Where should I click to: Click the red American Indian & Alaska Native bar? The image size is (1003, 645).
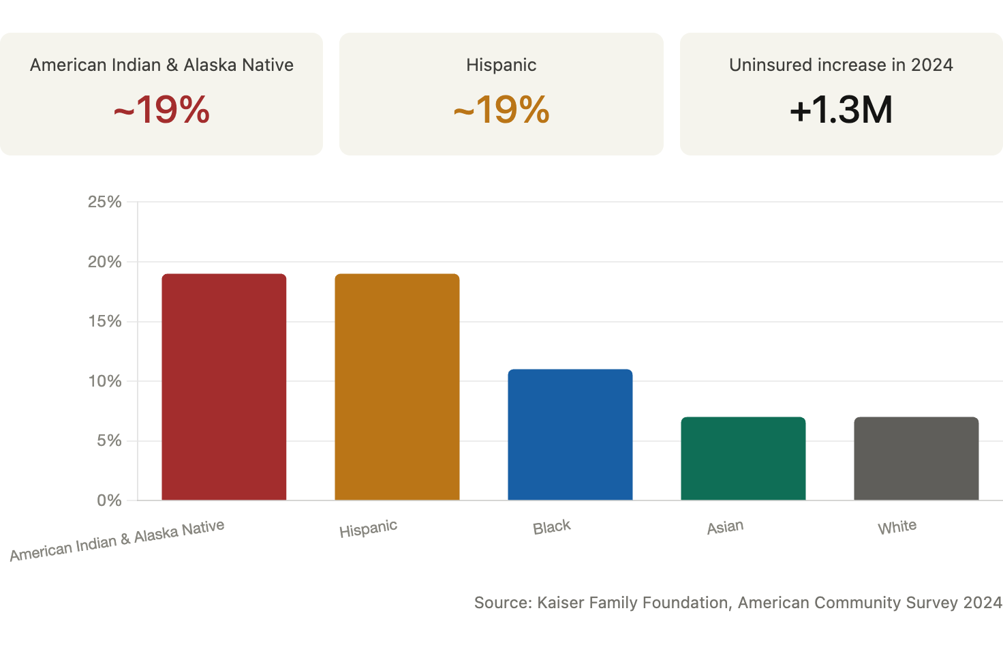224,387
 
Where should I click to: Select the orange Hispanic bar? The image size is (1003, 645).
397,387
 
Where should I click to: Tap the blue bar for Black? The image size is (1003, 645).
570,434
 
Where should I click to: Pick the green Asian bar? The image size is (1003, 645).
743,459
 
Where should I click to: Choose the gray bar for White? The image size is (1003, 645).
916,459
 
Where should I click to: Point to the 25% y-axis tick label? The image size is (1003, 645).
105,202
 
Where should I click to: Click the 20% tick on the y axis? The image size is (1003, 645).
105,262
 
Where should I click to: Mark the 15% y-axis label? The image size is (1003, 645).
105,322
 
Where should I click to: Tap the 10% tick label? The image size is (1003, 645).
105,382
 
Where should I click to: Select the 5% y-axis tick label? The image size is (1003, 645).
109,440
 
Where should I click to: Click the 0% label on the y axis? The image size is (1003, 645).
109,500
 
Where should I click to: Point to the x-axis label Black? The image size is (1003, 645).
552,527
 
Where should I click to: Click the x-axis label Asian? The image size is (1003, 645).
726,527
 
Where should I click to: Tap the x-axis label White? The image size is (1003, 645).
897,527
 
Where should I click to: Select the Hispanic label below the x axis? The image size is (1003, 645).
368,529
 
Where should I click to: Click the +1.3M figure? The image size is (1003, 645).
842,110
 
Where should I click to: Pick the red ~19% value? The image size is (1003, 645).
161,110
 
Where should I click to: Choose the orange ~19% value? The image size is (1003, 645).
501,110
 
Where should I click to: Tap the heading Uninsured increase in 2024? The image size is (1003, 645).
841,65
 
